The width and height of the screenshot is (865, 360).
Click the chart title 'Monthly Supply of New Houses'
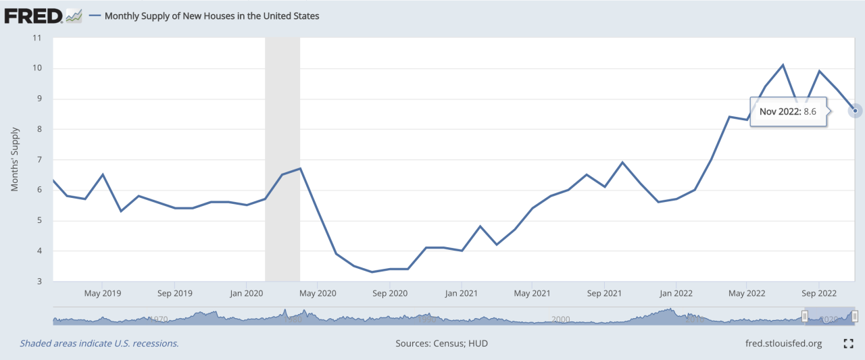(x=212, y=16)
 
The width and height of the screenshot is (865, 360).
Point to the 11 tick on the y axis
(x=38, y=38)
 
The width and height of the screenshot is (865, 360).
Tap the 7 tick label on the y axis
(x=39, y=160)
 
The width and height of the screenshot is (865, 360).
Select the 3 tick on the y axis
(x=39, y=282)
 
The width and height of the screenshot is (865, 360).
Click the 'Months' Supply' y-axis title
(x=15, y=160)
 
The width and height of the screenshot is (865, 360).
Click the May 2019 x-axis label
(x=102, y=294)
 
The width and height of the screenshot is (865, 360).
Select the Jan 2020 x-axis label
(x=247, y=294)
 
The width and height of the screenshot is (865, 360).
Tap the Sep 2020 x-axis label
(x=389, y=294)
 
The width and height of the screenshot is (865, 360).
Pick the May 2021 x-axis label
(x=532, y=294)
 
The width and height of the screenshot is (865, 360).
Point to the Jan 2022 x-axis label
(x=676, y=294)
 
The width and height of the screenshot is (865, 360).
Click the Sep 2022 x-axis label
(x=818, y=294)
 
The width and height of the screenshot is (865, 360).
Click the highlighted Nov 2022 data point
(x=855, y=111)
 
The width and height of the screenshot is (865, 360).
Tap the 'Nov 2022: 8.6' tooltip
(x=789, y=111)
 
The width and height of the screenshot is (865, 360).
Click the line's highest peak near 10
(x=783, y=65)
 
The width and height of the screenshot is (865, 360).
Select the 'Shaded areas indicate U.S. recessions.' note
(x=99, y=344)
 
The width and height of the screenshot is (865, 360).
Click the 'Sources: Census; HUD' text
(x=441, y=344)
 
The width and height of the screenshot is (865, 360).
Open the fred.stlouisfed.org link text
(x=782, y=344)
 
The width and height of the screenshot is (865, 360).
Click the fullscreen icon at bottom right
(x=849, y=344)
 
